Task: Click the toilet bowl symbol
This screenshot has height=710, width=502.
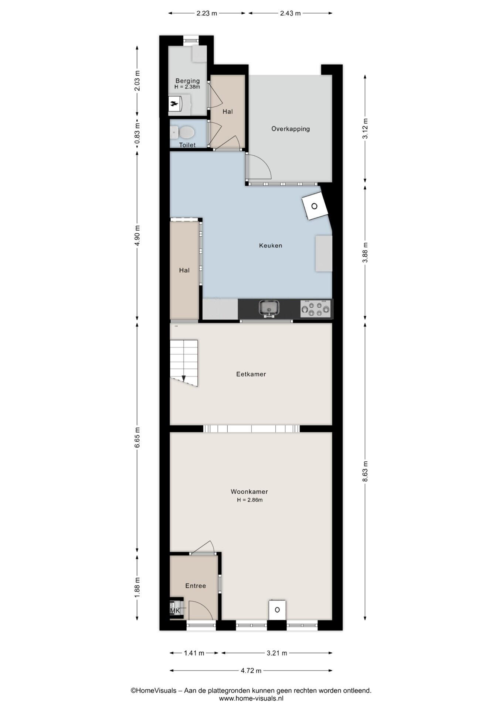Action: (x=183, y=132)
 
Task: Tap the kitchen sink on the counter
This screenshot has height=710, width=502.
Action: (x=269, y=308)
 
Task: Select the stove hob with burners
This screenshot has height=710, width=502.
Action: (x=315, y=308)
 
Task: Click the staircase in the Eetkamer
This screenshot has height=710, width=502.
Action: (x=184, y=363)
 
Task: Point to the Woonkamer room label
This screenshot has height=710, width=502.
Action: (x=249, y=491)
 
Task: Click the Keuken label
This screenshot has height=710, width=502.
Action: (x=271, y=246)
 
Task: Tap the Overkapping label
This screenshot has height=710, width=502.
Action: (x=291, y=129)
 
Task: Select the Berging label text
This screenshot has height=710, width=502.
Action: (x=187, y=81)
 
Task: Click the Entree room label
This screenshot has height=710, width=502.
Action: (x=196, y=586)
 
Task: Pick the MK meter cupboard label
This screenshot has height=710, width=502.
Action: (x=175, y=611)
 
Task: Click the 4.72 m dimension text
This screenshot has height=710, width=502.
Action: (x=251, y=670)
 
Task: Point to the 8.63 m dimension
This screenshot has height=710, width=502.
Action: (x=365, y=471)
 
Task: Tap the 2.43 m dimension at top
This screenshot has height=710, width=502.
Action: (x=290, y=13)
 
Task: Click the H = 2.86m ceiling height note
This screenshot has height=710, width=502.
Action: (x=250, y=500)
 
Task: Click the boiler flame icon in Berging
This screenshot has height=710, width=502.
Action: (x=174, y=104)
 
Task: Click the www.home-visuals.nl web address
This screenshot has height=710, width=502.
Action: (x=251, y=699)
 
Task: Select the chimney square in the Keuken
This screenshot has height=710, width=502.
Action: (x=315, y=206)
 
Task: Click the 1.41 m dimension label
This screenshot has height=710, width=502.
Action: (x=194, y=653)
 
